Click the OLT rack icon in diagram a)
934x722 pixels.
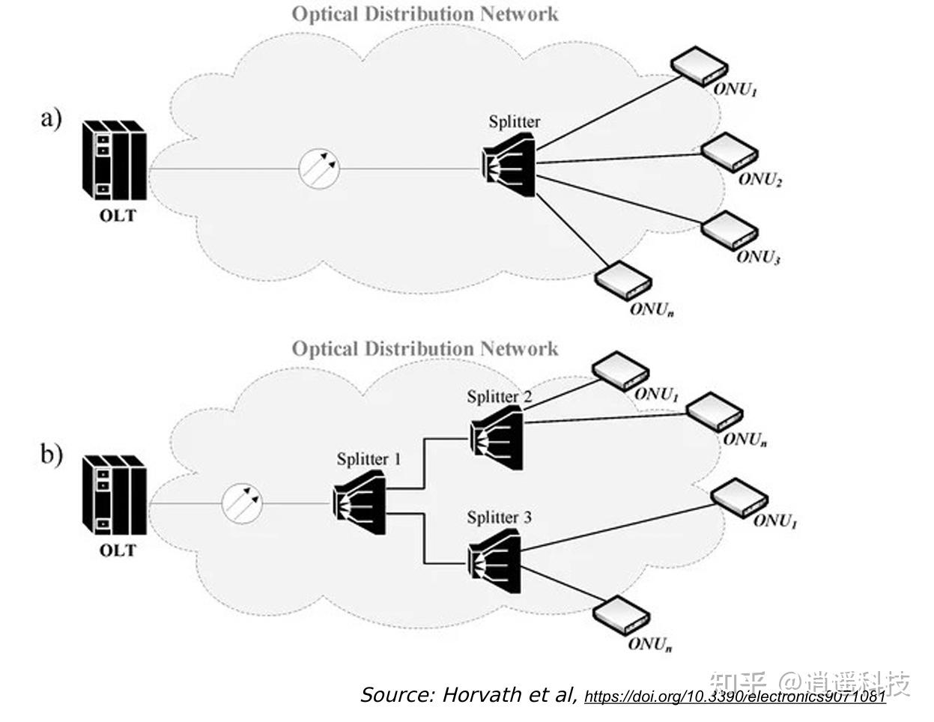[114, 159]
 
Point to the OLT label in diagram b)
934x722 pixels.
[118, 550]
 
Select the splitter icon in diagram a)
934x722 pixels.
[510, 165]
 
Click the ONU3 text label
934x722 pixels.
[758, 257]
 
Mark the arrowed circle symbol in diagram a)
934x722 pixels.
[318, 168]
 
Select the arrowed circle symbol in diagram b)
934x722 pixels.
[242, 503]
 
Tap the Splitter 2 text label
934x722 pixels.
[499, 397]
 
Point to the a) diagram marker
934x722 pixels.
[51, 118]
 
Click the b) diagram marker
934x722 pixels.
[51, 454]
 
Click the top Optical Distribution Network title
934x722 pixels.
[425, 13]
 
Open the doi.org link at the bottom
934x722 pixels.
[734, 697]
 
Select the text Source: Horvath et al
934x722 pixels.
[468, 694]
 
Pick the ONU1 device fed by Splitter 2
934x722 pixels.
[619, 371]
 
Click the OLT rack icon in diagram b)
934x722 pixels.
[114, 493]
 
